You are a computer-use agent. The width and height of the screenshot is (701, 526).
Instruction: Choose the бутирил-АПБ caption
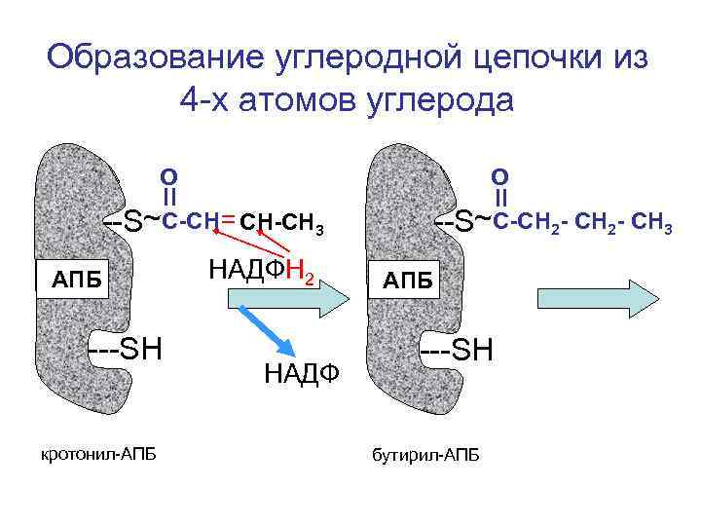425,456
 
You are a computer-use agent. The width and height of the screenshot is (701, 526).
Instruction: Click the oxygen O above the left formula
168,176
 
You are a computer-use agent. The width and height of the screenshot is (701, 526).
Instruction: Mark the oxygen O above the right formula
499,176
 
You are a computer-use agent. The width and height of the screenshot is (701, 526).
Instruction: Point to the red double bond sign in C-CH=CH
227,221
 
